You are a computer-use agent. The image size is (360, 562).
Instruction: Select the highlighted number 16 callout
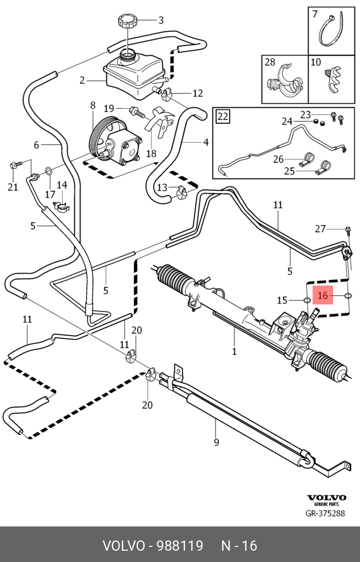(x=323, y=296)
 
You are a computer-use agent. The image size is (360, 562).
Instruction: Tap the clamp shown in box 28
(x=284, y=82)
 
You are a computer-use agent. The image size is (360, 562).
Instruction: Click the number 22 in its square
(x=223, y=116)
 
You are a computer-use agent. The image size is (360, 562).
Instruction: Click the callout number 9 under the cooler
(x=216, y=442)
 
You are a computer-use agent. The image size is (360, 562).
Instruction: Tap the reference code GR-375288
(x=325, y=514)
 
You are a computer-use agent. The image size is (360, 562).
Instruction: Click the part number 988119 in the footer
(x=180, y=545)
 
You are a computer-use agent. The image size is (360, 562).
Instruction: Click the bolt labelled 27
(x=348, y=231)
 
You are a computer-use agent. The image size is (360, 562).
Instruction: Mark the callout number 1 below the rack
(x=234, y=351)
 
